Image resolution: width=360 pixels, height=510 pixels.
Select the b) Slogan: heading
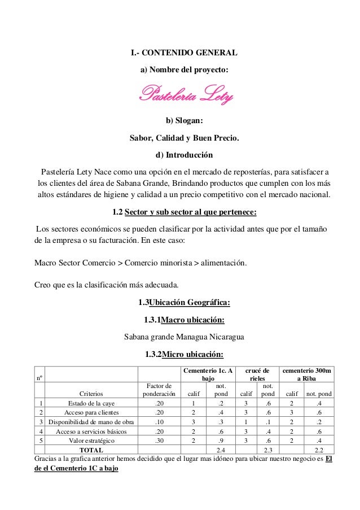(184, 120)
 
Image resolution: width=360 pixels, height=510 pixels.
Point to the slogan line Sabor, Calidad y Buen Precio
(184, 137)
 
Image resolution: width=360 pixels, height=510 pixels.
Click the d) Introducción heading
(184, 154)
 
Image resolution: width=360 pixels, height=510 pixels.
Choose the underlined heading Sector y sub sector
(190, 212)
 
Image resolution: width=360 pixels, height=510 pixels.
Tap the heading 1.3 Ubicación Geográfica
(184, 302)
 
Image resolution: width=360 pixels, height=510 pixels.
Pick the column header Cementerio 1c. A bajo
(208, 374)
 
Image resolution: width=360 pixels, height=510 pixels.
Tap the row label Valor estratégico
(91, 440)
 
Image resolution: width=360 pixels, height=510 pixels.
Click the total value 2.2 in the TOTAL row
(319, 450)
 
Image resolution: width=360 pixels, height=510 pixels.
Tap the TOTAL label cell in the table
(91, 450)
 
